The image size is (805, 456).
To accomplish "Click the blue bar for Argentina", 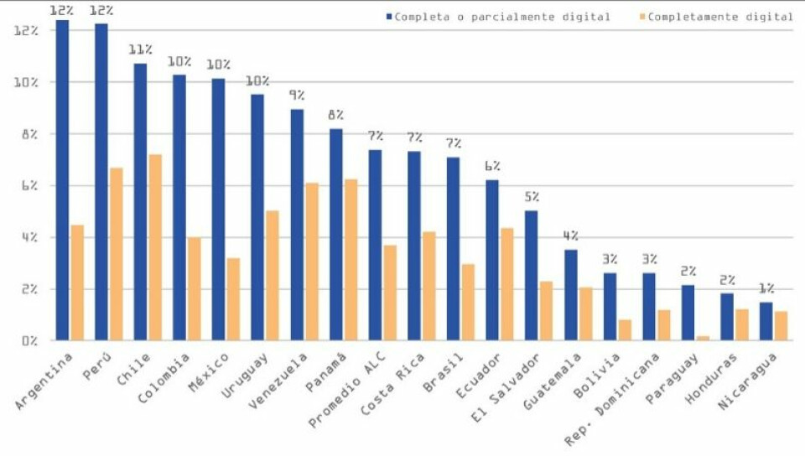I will coord(62,180).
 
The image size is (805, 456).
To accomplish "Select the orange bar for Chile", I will coord(155,247).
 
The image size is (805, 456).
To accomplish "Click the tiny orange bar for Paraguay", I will coord(703,338).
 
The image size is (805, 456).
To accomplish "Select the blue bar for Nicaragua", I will coord(766,321).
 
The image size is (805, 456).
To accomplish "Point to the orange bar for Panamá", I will coord(351,260).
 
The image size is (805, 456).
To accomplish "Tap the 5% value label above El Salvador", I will coord(532,197).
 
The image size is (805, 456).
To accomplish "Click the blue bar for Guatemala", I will coord(570,295).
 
